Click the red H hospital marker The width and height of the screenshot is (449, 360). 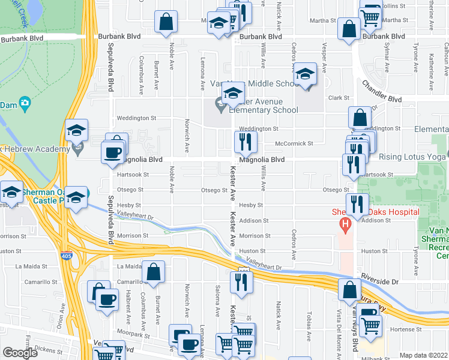tap(345, 226)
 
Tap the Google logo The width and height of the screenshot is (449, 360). tap(20, 353)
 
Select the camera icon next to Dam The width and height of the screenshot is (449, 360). tap(25, 103)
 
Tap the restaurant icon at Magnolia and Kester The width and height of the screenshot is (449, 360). tap(245, 142)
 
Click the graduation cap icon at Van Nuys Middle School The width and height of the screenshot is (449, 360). tap(305, 75)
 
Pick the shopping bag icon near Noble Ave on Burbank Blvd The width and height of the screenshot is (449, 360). tap(166, 22)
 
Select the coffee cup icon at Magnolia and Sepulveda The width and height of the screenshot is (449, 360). tap(112, 152)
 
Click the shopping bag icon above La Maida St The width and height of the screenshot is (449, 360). tap(153, 272)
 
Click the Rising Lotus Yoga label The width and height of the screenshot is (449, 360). tap(411, 157)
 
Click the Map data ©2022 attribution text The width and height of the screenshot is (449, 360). tap(424, 355)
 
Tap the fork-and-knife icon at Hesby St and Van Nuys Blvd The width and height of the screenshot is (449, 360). tap(357, 204)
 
